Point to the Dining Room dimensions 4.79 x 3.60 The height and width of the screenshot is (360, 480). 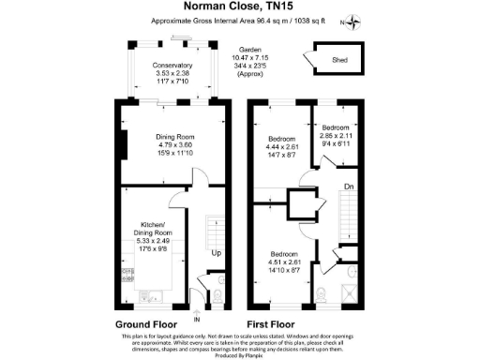pyautogui.click(x=173, y=145)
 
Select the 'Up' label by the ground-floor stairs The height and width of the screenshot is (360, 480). pyautogui.click(x=216, y=254)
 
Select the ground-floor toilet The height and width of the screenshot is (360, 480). pyautogui.click(x=217, y=297)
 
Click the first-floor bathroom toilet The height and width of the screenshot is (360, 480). pyautogui.click(x=322, y=294)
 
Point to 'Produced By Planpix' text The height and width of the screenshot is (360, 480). pyautogui.click(x=239, y=355)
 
